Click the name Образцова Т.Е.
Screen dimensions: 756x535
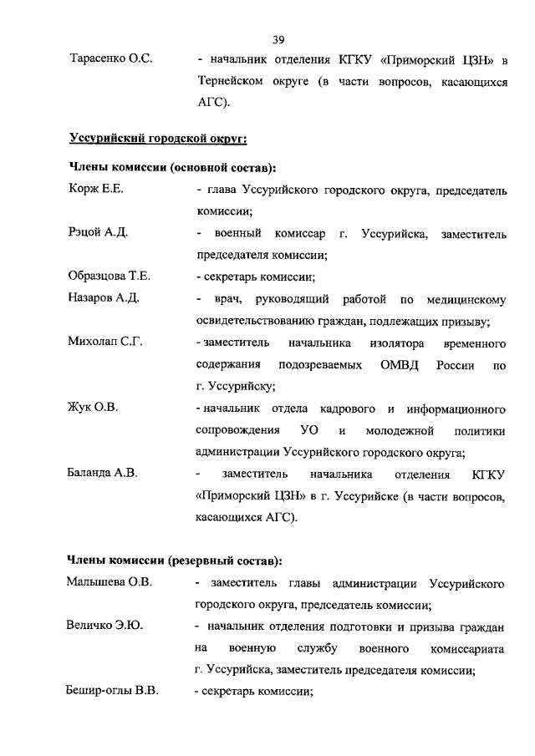coord(110,277)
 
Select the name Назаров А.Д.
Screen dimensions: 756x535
coord(103,298)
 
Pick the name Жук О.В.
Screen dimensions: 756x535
coord(93,408)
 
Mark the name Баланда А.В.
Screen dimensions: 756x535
coord(102,474)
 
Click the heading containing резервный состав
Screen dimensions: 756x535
coord(174,559)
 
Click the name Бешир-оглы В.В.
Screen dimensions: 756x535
coord(113,691)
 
